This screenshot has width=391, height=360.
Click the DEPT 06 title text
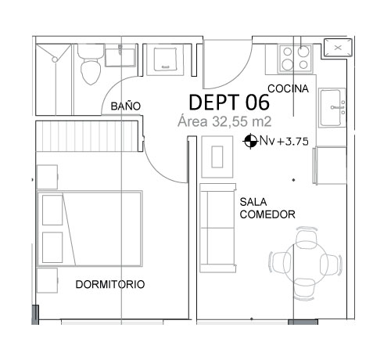tap(229, 102)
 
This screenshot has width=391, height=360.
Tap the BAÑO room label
tap(126, 106)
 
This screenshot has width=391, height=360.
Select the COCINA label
tap(289, 88)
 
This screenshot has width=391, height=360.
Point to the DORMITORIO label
tap(110, 284)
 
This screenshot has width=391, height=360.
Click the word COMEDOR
tap(267, 214)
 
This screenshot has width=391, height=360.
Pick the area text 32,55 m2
tap(242, 121)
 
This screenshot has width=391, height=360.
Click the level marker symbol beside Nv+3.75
tap(250, 141)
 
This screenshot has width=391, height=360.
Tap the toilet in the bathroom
tap(90, 65)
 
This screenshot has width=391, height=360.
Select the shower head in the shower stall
tap(55, 59)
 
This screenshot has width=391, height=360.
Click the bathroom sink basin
tap(120, 56)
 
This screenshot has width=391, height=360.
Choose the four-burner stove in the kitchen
tap(296, 59)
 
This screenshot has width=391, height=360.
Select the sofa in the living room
tap(218, 228)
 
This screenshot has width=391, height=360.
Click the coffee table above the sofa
tap(217, 157)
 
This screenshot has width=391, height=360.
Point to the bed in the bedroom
tap(90, 229)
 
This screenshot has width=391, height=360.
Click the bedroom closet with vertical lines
tap(87, 136)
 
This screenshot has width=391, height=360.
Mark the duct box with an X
tap(338, 48)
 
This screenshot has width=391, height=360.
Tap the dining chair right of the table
tap(330, 265)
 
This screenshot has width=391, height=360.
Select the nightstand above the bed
tap(47, 177)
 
